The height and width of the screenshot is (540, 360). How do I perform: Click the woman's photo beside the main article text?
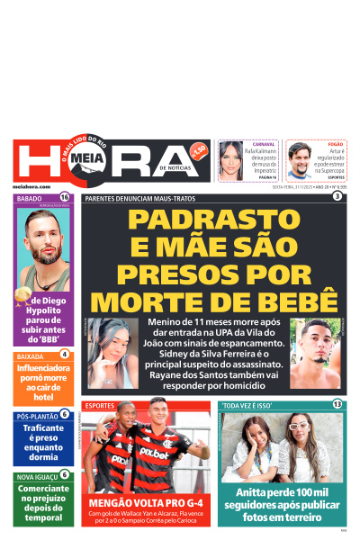pyautogui.click(x=112, y=341)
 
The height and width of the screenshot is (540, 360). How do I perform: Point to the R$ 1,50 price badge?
pyautogui.click(x=200, y=148)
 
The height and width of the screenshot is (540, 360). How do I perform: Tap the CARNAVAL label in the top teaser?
pyautogui.click(x=264, y=144)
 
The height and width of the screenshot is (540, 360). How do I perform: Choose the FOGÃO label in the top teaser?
pyautogui.click(x=335, y=144)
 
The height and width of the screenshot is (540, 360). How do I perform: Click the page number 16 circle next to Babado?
pyautogui.click(x=65, y=197)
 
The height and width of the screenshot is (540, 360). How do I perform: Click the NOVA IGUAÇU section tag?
pyautogui.click(x=37, y=476)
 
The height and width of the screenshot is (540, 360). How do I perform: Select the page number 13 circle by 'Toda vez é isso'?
pyautogui.click(x=337, y=405)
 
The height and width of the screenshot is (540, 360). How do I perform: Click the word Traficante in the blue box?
pyautogui.click(x=42, y=430)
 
